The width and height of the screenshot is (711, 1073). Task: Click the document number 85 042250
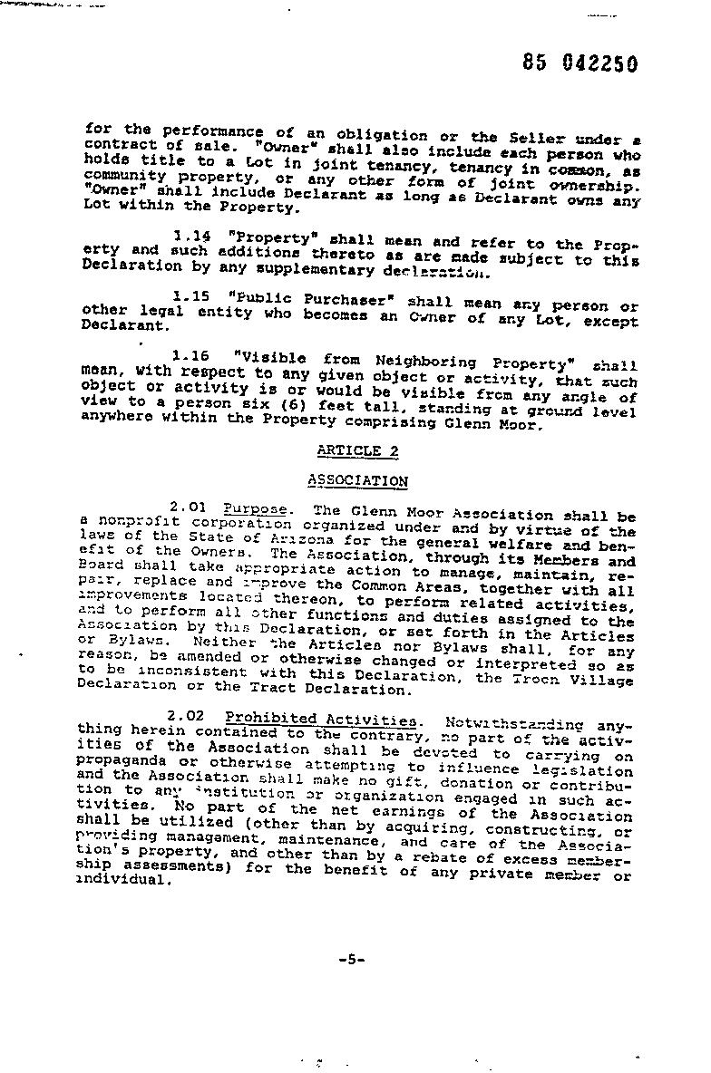tap(580, 63)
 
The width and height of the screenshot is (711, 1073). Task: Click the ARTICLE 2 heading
tap(357, 450)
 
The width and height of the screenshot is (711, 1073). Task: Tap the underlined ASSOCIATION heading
tap(357, 481)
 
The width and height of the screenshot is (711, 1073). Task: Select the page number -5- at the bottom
tap(350, 960)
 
